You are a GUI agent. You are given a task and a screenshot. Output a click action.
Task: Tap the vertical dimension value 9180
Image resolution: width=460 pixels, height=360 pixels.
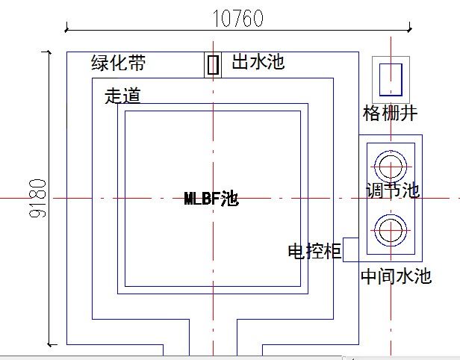38,198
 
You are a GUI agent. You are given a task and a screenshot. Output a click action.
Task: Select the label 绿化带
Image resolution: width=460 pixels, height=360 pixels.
118,63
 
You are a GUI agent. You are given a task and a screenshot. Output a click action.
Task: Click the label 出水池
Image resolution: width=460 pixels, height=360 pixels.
258,61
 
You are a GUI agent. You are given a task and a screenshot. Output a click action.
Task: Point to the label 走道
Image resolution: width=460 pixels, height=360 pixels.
122,96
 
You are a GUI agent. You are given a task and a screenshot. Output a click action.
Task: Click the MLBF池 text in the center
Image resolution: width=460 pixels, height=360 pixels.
211,199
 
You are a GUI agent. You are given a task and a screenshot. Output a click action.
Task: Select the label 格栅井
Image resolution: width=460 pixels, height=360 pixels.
390,113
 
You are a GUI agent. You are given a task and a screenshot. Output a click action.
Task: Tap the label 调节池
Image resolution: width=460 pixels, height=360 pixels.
392,190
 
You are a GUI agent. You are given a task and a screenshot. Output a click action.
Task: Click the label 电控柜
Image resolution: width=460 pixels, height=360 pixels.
314,251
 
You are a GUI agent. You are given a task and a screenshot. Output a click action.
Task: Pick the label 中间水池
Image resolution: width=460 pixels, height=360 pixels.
396,276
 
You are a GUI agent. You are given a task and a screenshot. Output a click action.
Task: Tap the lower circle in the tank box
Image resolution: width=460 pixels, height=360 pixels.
391,230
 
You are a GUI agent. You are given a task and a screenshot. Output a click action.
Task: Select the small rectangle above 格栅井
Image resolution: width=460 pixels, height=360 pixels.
391,78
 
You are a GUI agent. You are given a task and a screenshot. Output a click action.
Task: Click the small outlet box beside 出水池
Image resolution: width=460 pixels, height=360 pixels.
214,65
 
